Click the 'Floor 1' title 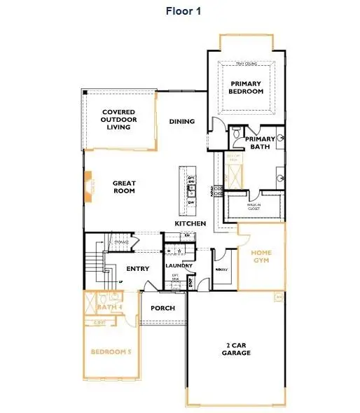(183, 10)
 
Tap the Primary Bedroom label (246, 87)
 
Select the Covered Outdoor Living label (118, 120)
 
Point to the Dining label (181, 122)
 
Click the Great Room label (124, 188)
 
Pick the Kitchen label (191, 223)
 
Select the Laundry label (179, 266)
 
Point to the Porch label (162, 308)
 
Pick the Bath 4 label (110, 307)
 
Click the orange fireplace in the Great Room (88, 188)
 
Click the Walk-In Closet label (255, 208)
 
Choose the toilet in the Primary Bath (237, 132)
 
